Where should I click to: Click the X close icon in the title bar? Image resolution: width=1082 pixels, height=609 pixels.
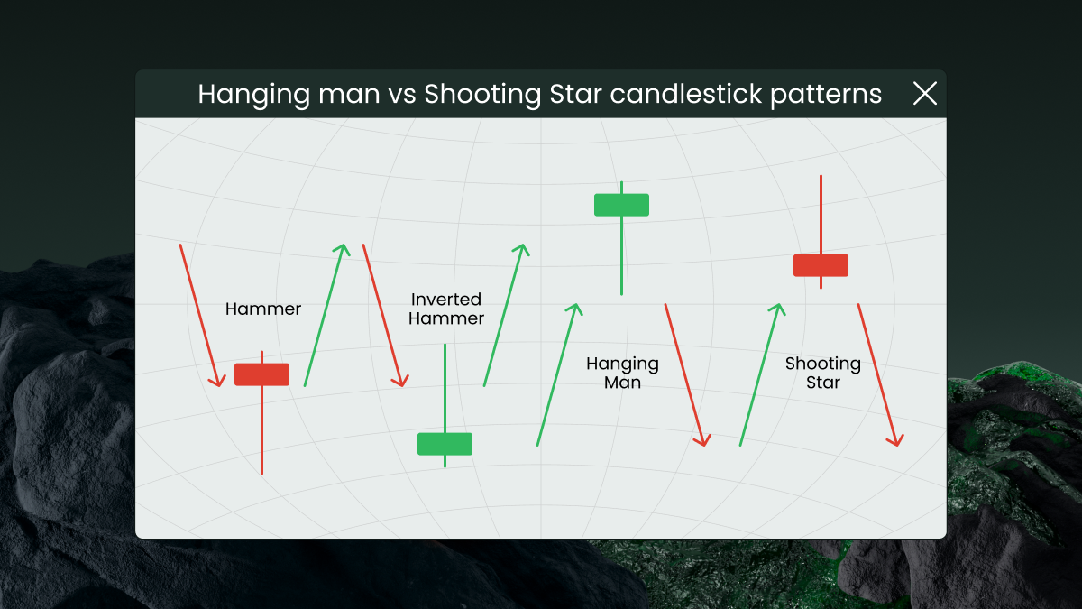tap(925, 93)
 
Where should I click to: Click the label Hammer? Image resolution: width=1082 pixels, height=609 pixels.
tap(263, 309)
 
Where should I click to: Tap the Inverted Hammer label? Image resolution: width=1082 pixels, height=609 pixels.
tap(446, 309)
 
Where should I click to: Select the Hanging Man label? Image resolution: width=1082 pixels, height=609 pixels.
tap(622, 373)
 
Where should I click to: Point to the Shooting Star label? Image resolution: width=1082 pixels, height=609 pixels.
tap(823, 373)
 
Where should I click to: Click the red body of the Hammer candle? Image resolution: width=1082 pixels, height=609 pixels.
tap(261, 374)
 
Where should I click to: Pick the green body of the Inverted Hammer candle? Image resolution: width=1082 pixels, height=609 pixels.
tap(445, 444)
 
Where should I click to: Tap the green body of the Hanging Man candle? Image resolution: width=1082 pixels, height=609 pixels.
tap(621, 205)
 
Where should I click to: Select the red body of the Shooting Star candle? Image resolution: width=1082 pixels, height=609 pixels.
tap(821, 265)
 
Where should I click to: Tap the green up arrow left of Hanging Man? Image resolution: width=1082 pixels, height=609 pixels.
tap(556, 374)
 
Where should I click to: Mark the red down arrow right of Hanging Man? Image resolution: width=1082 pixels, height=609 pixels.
tap(685, 374)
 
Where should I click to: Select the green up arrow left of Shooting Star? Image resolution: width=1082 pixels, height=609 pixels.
tap(760, 374)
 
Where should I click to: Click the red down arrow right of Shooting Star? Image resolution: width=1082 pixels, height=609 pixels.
tap(878, 374)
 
